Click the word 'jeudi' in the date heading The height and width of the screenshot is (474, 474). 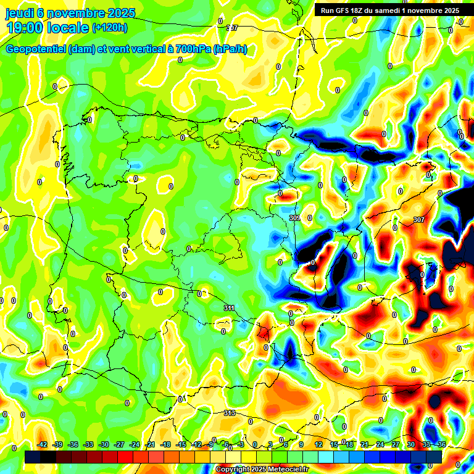coord(20,13)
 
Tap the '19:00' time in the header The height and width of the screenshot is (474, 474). coord(25,27)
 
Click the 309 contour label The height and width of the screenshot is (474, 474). coord(295,218)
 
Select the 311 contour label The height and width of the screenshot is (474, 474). coord(229,307)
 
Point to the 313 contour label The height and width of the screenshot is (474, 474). coord(229,413)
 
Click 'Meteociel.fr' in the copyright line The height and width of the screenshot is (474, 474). coord(286,470)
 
